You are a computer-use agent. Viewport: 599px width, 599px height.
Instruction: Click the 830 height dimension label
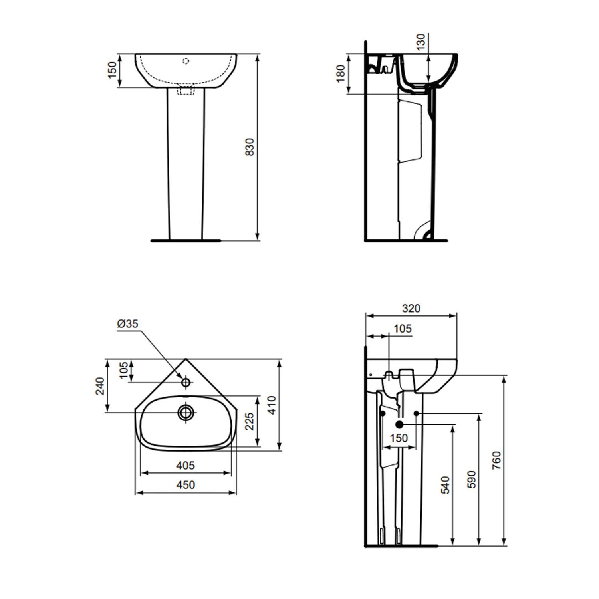tap(249, 147)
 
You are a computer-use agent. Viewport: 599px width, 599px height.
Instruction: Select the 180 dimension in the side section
tap(341, 74)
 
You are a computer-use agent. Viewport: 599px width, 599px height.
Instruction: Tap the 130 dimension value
tap(421, 41)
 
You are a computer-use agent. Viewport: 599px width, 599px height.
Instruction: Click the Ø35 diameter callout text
tap(127, 323)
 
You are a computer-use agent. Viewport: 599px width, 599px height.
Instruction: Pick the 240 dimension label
tap(100, 386)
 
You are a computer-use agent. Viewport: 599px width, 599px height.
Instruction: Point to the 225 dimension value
tap(249, 421)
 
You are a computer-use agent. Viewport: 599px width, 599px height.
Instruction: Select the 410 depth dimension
tap(272, 405)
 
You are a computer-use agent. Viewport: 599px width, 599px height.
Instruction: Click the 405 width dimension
tap(186, 465)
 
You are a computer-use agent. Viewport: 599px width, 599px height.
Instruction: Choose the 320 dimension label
tap(411, 309)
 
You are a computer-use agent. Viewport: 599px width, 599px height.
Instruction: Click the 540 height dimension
tap(446, 484)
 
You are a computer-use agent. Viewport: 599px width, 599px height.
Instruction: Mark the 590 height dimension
tap(472, 479)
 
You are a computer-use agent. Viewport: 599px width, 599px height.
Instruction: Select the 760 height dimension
tap(496, 460)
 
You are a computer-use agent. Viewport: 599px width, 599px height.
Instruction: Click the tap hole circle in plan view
tap(186, 382)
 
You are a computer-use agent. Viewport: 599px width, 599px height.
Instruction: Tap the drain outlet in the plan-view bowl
tap(186, 412)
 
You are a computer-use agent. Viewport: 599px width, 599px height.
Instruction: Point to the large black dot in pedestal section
tap(399, 424)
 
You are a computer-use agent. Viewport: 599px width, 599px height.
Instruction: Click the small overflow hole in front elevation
tap(185, 61)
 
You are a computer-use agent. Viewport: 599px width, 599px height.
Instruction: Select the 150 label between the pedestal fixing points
tap(399, 438)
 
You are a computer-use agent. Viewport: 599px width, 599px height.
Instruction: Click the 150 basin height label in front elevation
tap(113, 70)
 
